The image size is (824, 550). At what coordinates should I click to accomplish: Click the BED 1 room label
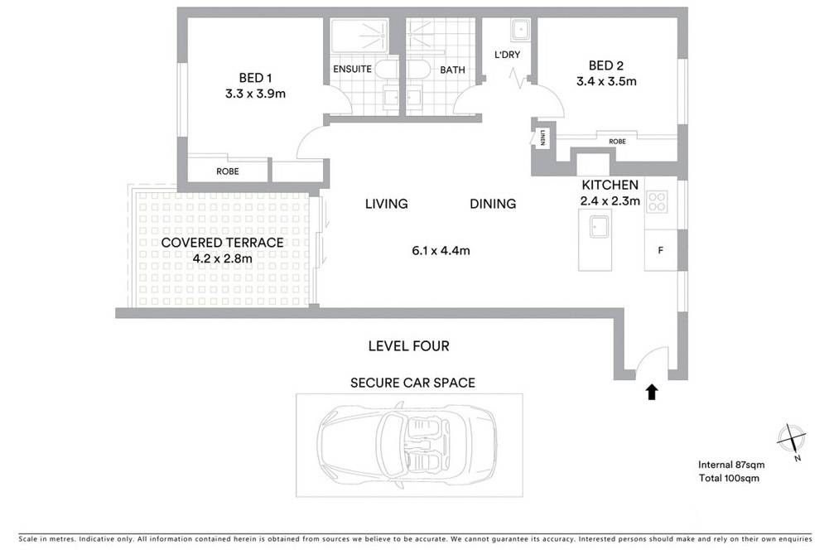255,78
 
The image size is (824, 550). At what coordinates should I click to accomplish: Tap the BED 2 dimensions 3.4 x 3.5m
606,81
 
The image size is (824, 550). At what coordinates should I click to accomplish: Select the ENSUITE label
352,69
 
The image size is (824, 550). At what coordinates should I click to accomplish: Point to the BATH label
452,70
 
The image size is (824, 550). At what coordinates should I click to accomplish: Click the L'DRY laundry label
507,54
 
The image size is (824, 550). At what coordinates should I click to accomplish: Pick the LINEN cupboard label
542,137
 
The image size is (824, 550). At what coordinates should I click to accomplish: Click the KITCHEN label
610,185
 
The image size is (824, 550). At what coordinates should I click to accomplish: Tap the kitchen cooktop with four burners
657,201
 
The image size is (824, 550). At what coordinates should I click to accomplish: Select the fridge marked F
660,250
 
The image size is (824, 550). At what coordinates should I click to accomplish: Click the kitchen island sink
599,227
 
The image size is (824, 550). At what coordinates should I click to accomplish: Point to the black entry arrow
652,392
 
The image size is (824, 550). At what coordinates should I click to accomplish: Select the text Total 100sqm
729,478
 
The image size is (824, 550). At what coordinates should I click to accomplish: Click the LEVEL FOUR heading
409,346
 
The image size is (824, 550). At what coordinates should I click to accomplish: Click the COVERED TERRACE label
222,243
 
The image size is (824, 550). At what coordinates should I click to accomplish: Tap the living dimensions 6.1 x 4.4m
441,251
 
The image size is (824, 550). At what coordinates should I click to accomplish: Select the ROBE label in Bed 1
228,171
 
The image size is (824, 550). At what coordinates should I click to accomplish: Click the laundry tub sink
521,30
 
